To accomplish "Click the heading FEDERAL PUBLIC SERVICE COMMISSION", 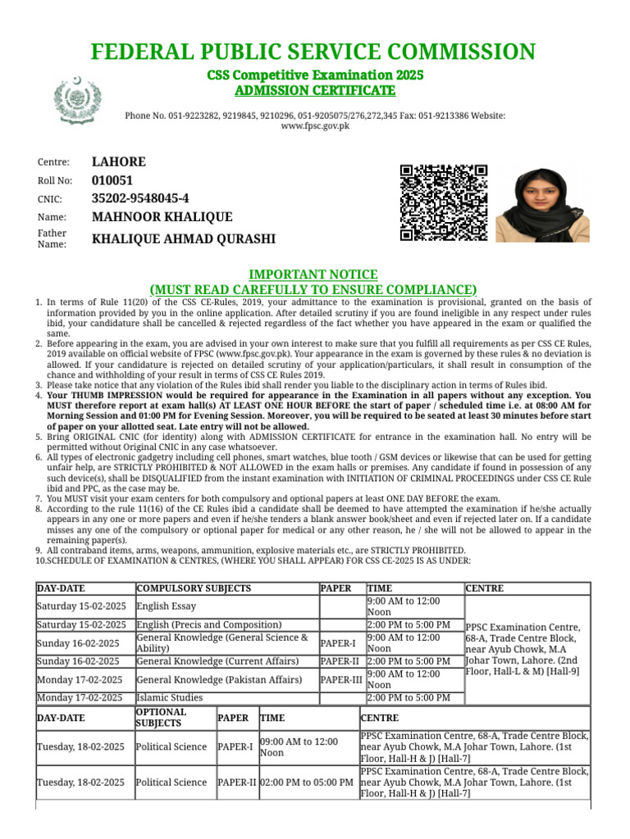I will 314,53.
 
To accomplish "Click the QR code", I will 443,203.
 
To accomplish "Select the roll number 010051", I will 112,180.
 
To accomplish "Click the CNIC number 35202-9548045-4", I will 139,198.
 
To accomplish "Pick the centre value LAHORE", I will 118,161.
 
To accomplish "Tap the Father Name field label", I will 52,238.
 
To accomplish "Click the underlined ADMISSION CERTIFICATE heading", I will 315,90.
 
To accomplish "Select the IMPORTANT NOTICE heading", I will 313,274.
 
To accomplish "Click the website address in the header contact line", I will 315,126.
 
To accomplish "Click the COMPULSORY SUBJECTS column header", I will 194,588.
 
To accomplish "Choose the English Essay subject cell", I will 167,606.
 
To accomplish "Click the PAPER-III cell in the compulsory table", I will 340,679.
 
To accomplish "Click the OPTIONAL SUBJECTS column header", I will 161,718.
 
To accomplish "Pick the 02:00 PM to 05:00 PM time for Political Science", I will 307,782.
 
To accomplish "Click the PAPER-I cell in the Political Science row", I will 235,747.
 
